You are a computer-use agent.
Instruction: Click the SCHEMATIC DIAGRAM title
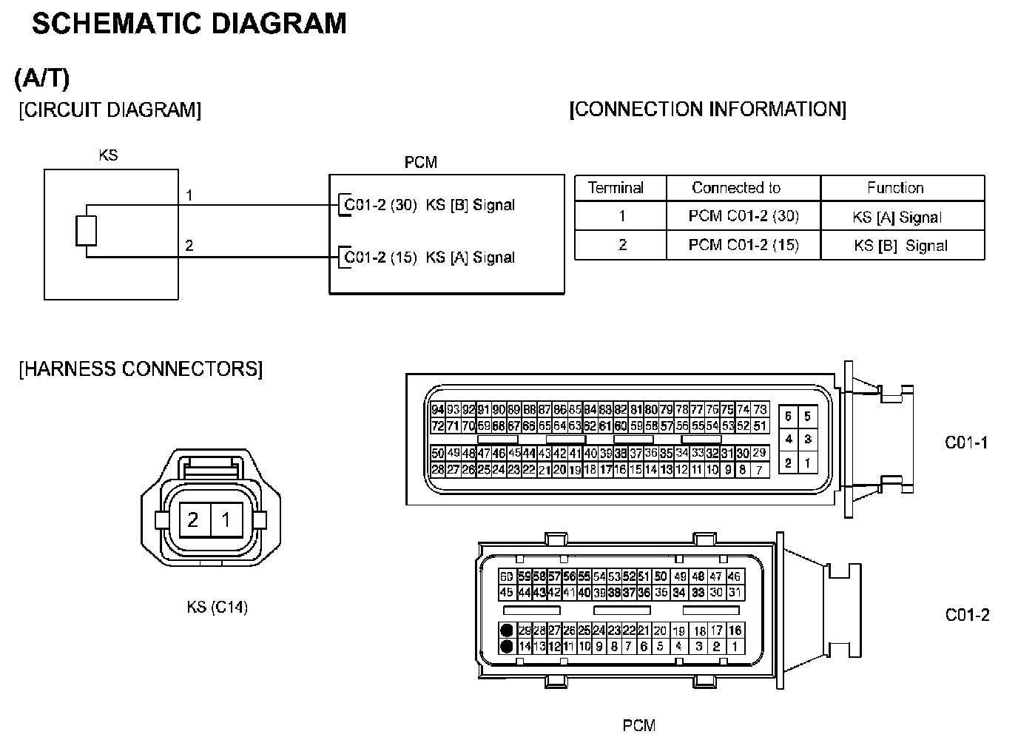coord(189,24)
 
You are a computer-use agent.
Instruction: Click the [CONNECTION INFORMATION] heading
coord(707,110)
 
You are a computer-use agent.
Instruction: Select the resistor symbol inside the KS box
coord(87,230)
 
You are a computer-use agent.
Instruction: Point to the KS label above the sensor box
coord(108,155)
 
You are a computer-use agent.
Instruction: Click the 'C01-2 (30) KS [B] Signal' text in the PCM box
coord(430,205)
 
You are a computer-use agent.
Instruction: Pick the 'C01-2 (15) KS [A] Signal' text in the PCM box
coord(430,258)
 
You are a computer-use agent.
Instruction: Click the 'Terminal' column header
coord(616,188)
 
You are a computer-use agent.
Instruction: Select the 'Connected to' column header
coord(736,188)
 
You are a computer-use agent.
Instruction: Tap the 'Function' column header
coord(895,188)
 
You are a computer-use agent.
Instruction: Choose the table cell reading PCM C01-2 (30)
coord(744,216)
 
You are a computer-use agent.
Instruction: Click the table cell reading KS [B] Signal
coord(900,246)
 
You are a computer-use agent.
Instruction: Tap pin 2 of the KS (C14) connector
coord(193,519)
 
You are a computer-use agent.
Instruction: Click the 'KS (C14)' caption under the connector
coord(218,608)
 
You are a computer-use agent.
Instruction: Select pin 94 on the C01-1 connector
coord(437,410)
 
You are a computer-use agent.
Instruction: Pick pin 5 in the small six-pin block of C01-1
coord(807,417)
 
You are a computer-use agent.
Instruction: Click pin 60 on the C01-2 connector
coord(506,577)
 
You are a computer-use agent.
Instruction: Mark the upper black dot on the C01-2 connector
coord(506,631)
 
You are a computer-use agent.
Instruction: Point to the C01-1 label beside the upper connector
coord(966,443)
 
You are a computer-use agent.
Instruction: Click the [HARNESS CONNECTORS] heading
coord(141,369)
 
